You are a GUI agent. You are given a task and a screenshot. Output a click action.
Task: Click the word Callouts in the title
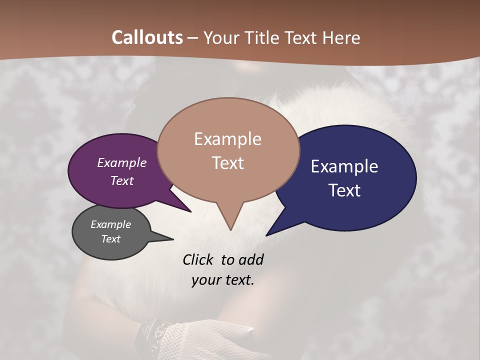pyautogui.click(x=147, y=37)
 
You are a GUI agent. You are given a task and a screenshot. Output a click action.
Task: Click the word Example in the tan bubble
pyautogui.click(x=227, y=139)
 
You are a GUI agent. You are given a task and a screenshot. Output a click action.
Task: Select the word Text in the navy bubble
pyautogui.click(x=344, y=190)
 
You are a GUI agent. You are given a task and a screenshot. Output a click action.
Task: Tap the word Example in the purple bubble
pyautogui.click(x=122, y=163)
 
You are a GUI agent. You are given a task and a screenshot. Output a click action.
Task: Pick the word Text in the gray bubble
pyautogui.click(x=111, y=239)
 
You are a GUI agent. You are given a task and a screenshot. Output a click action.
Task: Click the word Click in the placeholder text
pyautogui.click(x=199, y=259)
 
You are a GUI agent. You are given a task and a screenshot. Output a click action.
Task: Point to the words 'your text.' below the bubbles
pyautogui.click(x=223, y=280)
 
